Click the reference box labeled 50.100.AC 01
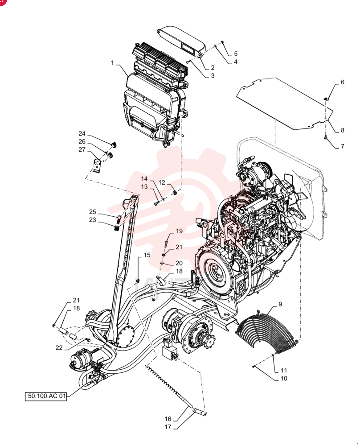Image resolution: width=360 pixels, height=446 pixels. tap(46, 396)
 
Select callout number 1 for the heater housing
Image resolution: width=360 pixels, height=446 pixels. tap(113, 62)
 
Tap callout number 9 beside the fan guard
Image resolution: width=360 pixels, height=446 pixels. tap(280, 304)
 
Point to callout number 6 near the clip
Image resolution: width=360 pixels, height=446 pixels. tap(342, 82)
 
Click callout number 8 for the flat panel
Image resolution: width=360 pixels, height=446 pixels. tap(342, 130)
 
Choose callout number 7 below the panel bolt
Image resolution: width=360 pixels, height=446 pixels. tap(342, 146)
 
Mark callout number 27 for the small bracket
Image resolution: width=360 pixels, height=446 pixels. tap(82, 149)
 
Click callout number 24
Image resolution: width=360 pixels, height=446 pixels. tap(82, 133)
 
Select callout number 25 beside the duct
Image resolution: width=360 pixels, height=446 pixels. tap(93, 212)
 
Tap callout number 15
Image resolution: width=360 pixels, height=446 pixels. tap(147, 255)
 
